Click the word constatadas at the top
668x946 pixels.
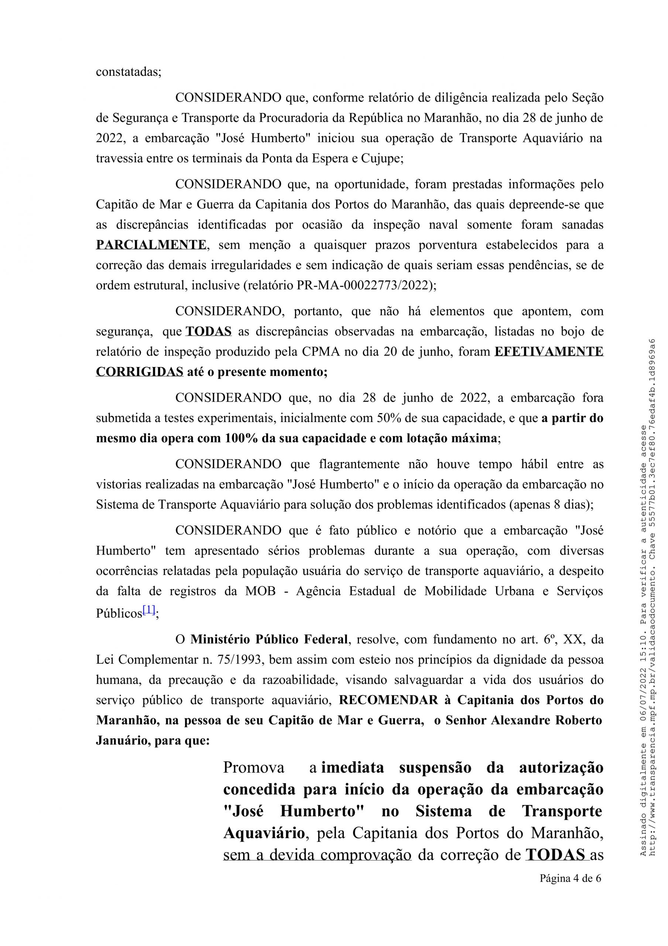[128, 72]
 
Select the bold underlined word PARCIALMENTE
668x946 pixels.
[151, 245]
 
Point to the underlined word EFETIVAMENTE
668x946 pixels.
[549, 351]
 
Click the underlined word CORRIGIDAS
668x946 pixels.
[139, 372]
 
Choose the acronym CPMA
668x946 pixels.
[319, 351]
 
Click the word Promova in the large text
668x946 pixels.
[254, 768]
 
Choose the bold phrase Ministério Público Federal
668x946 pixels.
[269, 639]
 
